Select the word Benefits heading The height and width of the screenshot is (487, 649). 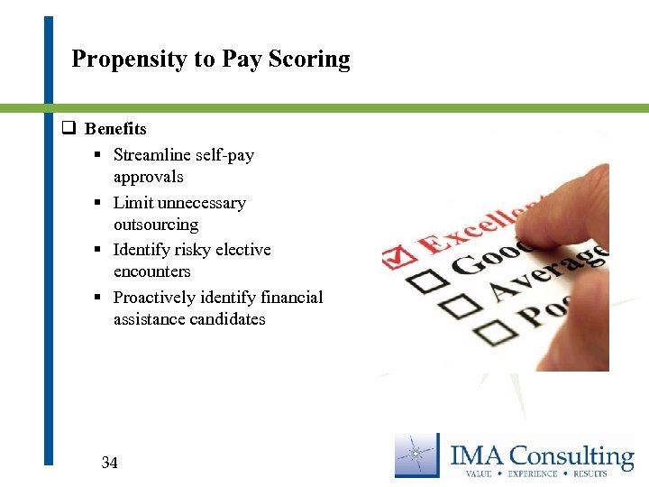[x=115, y=129]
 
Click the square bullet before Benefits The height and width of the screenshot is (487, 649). [x=67, y=129]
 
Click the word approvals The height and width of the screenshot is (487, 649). [x=148, y=177]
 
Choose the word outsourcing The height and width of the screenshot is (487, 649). [x=156, y=225]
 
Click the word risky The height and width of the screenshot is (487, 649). [x=208, y=250]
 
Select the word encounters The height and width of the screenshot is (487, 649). [x=152, y=271]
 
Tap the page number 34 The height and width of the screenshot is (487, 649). [x=110, y=463]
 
